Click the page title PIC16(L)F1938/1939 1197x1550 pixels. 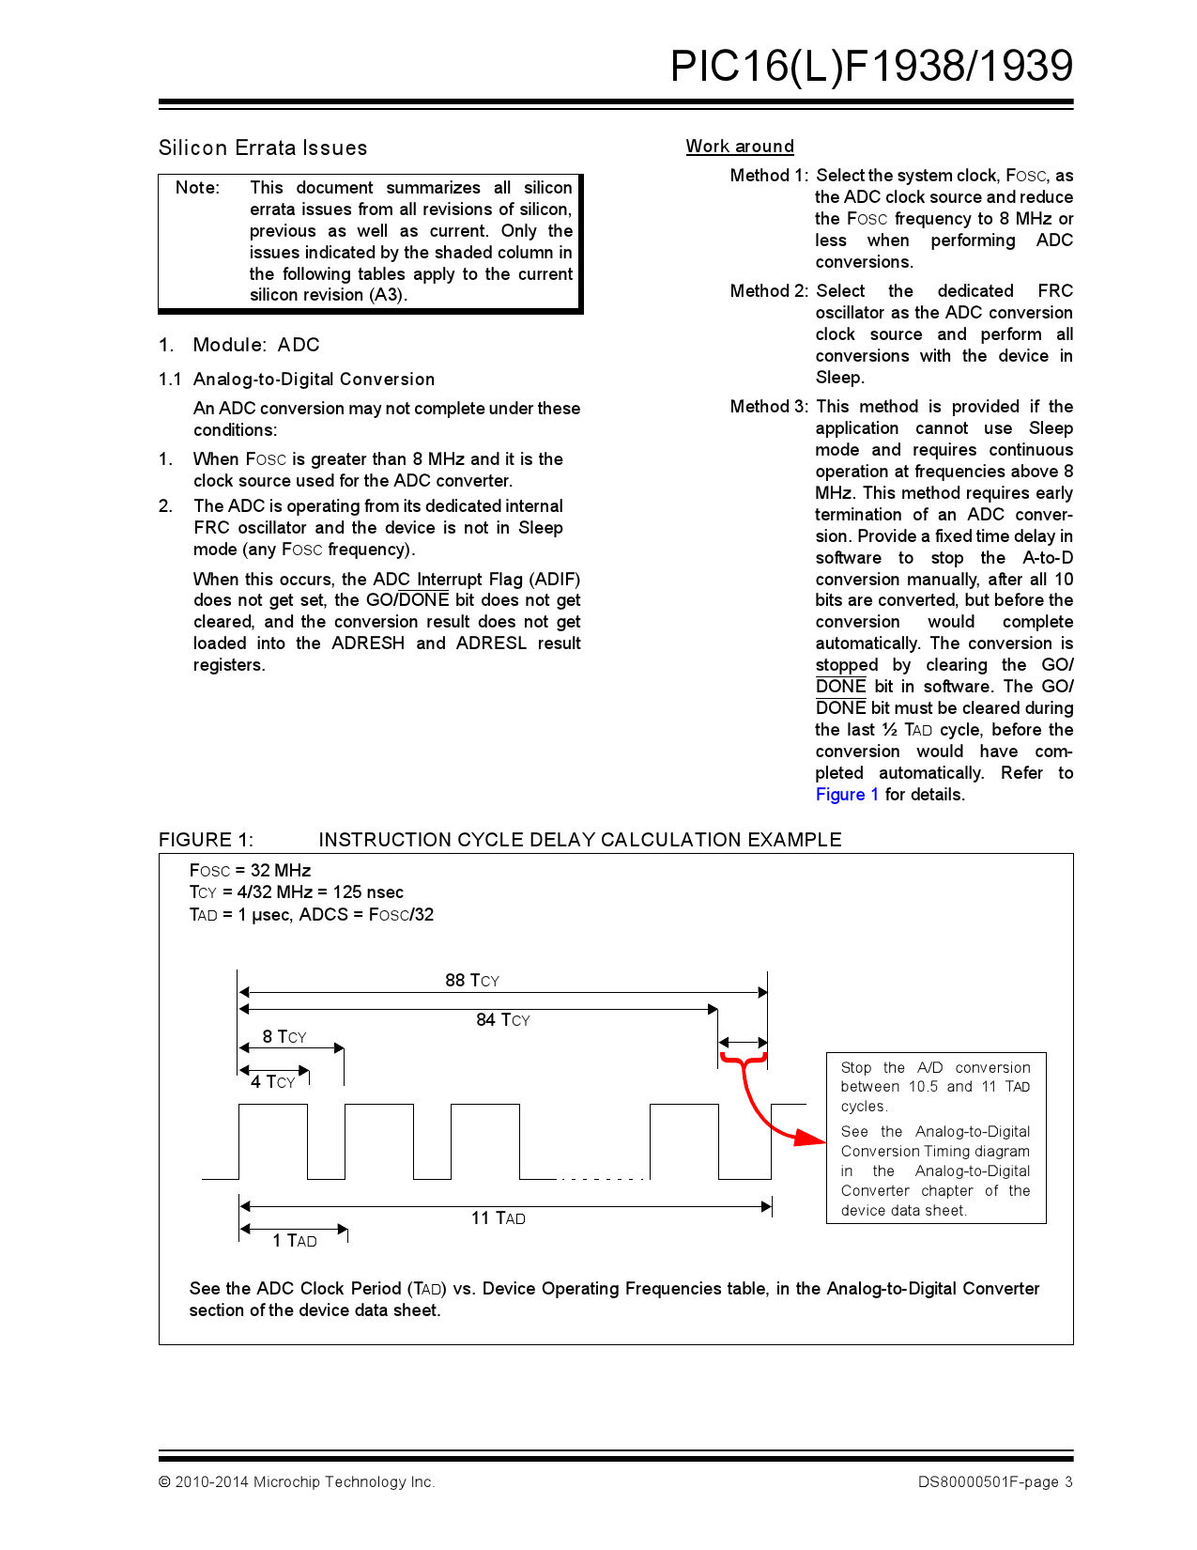870,66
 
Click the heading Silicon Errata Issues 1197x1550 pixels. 263,147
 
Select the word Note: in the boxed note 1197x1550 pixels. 197,187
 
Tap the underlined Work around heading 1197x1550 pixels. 739,146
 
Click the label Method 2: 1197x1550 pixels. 768,290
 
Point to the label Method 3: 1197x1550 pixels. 768,406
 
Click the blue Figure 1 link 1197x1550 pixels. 846,794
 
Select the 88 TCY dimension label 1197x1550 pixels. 471,980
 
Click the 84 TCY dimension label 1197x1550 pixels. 502,1019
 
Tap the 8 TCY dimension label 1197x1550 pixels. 284,1036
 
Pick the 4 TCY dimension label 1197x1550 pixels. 272,1081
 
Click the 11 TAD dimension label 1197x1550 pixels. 498,1217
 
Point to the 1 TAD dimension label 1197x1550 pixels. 294,1240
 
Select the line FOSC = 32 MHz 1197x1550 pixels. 250,870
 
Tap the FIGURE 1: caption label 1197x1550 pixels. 206,839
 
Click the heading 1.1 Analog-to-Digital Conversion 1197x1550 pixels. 297,379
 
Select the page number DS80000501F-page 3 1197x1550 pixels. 994,1481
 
